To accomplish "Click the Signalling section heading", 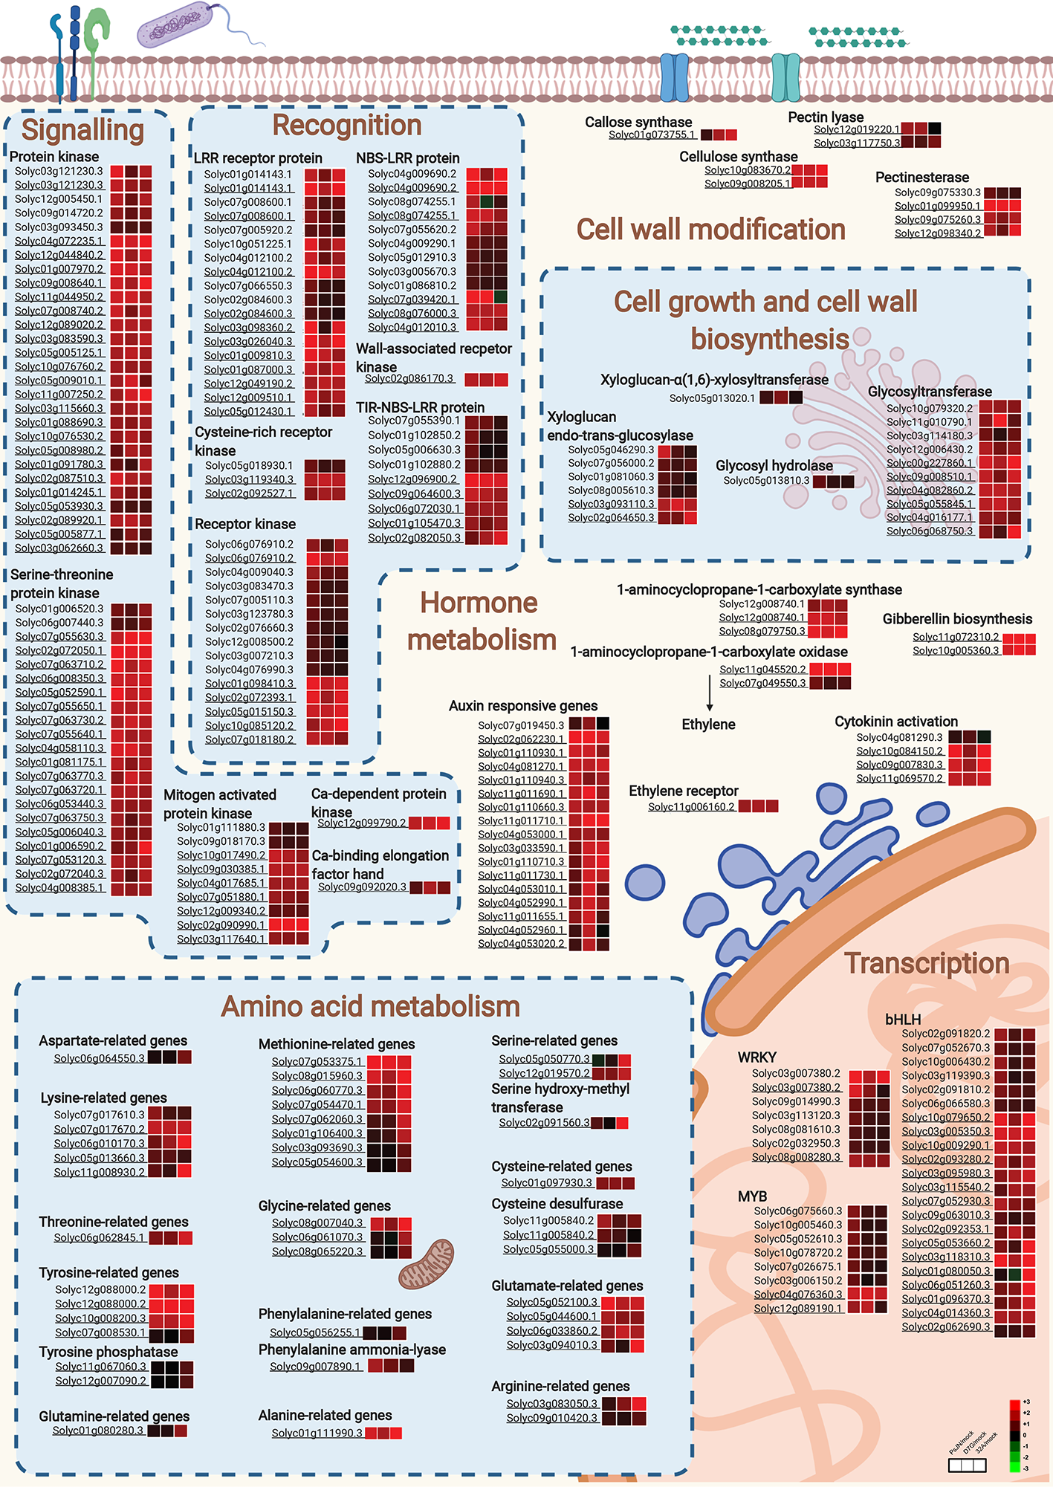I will (82, 130).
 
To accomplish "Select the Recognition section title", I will (347, 125).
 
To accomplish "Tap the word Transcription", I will (927, 963).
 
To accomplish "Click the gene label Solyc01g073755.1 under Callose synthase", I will (652, 135).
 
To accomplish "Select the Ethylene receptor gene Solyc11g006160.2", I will (691, 806).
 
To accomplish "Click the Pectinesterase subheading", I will (921, 177).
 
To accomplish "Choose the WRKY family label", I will (756, 1057).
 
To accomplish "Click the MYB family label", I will (752, 1196).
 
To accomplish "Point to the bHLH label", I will (903, 1020).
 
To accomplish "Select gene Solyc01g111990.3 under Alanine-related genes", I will (317, 1433).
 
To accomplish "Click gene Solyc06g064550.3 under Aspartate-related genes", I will (99, 1057).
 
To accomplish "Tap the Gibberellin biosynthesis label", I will (957, 619).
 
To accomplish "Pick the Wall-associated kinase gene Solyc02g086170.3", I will (409, 378).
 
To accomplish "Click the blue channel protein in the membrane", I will (675, 77).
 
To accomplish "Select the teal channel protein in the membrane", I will (785, 77).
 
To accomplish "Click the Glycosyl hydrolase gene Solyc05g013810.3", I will (766, 481).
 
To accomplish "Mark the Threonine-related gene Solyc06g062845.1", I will (100, 1237).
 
